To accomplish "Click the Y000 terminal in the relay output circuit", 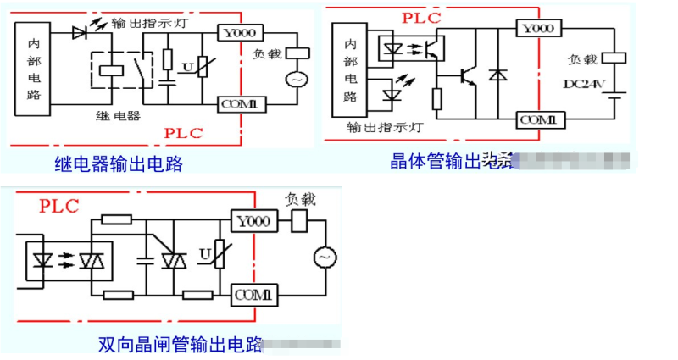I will pyautogui.click(x=241, y=32).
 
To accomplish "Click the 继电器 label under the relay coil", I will pyautogui.click(x=119, y=115).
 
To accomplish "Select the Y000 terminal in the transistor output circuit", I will pyautogui.click(x=538, y=29).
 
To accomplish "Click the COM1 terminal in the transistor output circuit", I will pyautogui.click(x=537, y=119).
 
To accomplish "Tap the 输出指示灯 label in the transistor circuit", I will pyautogui.click(x=384, y=129).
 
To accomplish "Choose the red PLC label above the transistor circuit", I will pyautogui.click(x=422, y=16).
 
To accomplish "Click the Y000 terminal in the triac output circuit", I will pyautogui.click(x=253, y=221).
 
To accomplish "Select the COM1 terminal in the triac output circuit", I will pyautogui.click(x=253, y=295).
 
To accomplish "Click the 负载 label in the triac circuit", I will pyautogui.click(x=300, y=199).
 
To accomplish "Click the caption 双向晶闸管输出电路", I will pyautogui.click(x=180, y=345).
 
